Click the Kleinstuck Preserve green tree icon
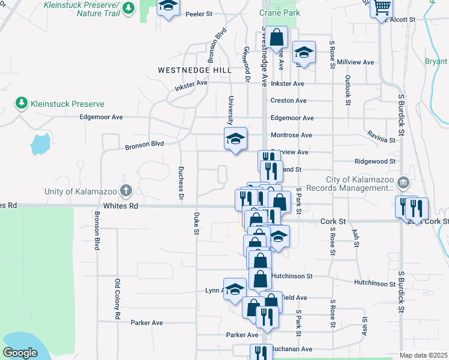[22, 103]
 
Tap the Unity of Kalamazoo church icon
[125, 191]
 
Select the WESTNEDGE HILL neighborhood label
[194, 70]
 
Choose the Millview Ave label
[355, 62]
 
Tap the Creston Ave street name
[288, 101]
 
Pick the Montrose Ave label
[291, 136]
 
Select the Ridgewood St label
[375, 161]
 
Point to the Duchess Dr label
[180, 182]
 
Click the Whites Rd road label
[121, 205]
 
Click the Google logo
[20, 353]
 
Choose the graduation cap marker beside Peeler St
[169, 7]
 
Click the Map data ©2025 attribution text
[424, 355]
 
